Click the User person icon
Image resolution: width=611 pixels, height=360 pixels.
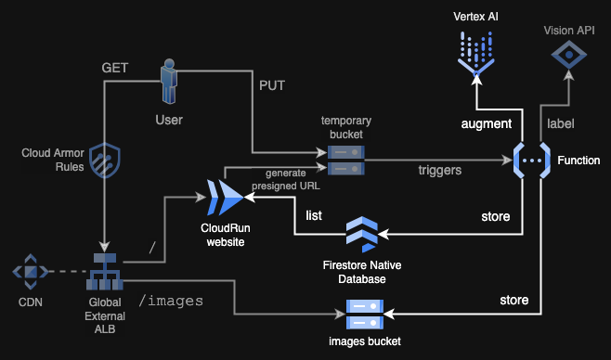tap(169, 83)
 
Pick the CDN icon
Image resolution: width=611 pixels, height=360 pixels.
tap(31, 272)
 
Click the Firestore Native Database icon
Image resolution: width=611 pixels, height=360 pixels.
tap(363, 237)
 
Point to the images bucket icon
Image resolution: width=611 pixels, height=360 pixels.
tap(364, 315)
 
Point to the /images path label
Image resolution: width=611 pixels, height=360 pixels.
tap(172, 301)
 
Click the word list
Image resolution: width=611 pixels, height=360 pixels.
tap(315, 215)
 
